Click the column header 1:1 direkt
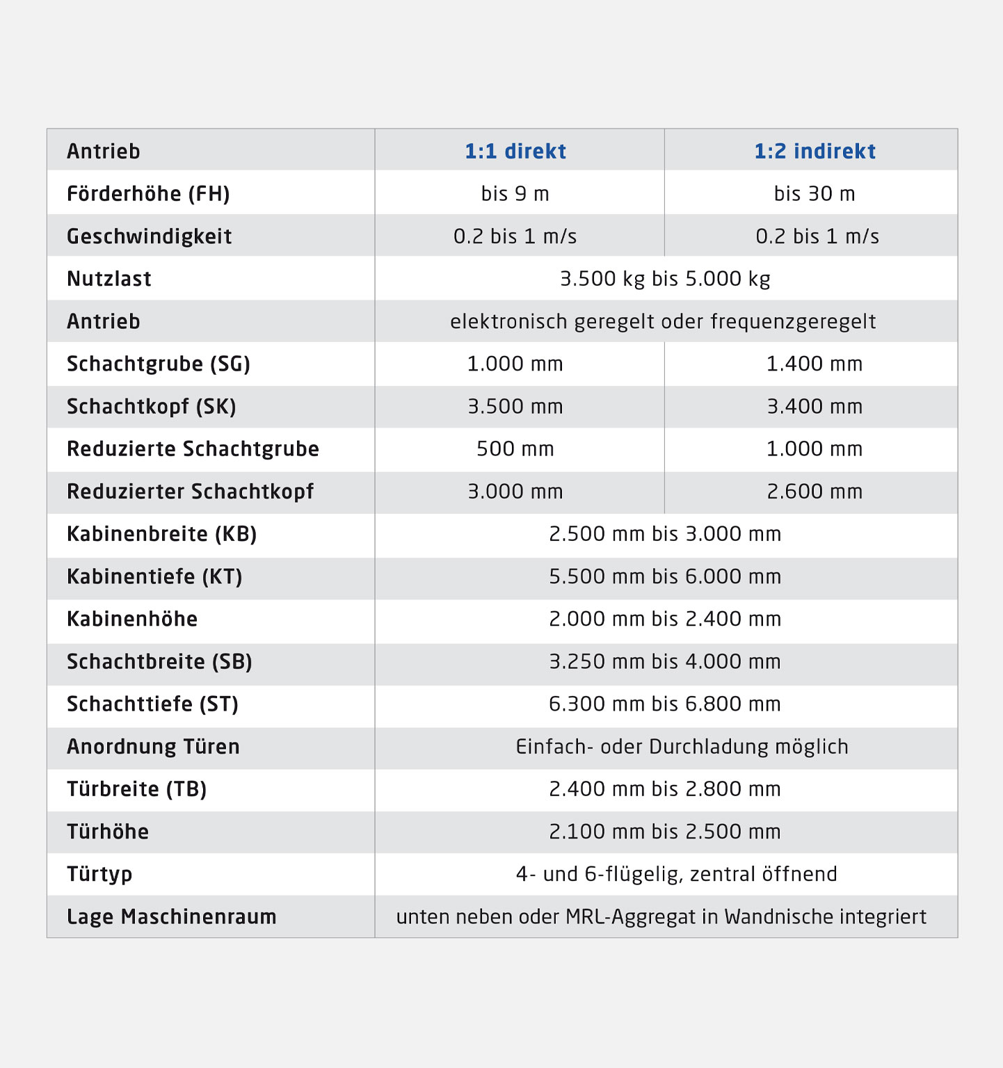click(x=515, y=152)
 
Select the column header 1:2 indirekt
click(x=815, y=152)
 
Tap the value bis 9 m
click(x=515, y=194)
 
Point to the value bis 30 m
click(x=815, y=194)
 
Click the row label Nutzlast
click(x=109, y=279)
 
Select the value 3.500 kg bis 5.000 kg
click(x=665, y=279)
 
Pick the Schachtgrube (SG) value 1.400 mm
click(x=815, y=364)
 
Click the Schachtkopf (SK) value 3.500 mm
click(x=515, y=407)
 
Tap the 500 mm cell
click(x=515, y=449)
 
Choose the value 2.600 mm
click(x=815, y=492)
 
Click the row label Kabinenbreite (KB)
click(x=162, y=534)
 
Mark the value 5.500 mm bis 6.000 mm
click(x=665, y=576)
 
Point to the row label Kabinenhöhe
click(x=132, y=619)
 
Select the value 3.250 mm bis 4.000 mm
click(x=665, y=661)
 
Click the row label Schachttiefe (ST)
click(x=152, y=704)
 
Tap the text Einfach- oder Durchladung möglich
click(x=682, y=747)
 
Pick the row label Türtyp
click(x=99, y=874)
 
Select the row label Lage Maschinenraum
click(x=172, y=916)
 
